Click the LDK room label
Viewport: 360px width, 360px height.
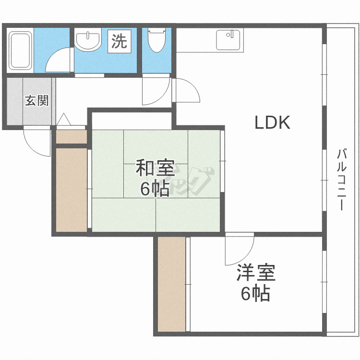272,123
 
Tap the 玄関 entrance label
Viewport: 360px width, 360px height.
37,101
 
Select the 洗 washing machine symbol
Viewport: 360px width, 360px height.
119,41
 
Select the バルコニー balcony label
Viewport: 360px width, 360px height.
341,180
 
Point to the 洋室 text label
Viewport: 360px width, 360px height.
255,273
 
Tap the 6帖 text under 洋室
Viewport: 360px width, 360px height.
255,293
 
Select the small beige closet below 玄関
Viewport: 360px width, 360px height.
72,136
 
